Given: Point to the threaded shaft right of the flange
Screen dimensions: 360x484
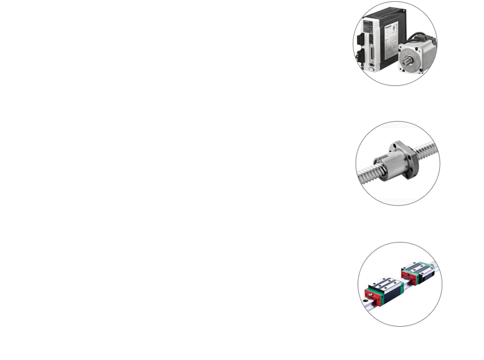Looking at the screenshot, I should pyautogui.click(x=428, y=149).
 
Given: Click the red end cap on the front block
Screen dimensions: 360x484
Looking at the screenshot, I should pyautogui.click(x=367, y=295).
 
